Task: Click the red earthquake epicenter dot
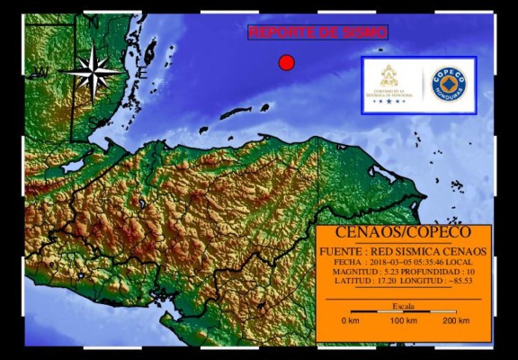pos(286,62)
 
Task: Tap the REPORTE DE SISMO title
pos(317,32)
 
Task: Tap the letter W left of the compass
pos(39,73)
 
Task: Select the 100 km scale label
pos(402,321)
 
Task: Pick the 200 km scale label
pos(456,321)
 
